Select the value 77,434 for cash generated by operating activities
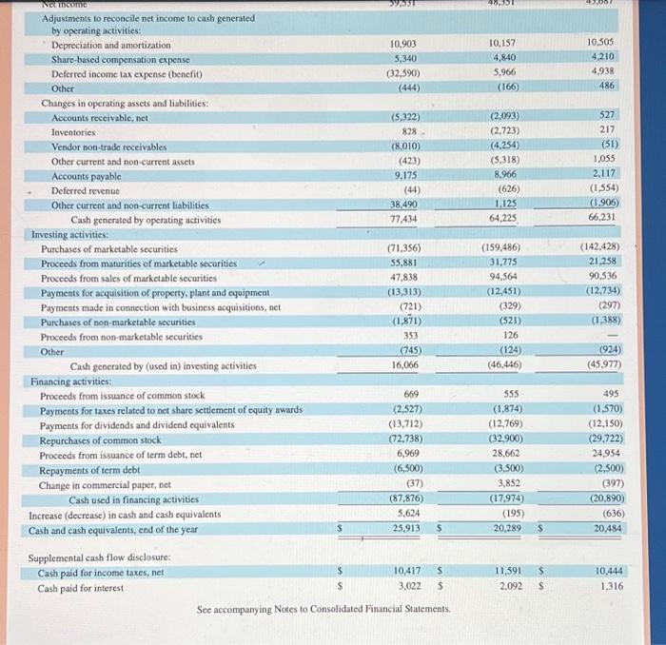click(405, 220)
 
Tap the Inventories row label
click(73, 132)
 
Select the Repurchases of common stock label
click(100, 440)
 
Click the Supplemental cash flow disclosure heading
click(100, 557)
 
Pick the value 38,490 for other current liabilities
click(405, 205)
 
